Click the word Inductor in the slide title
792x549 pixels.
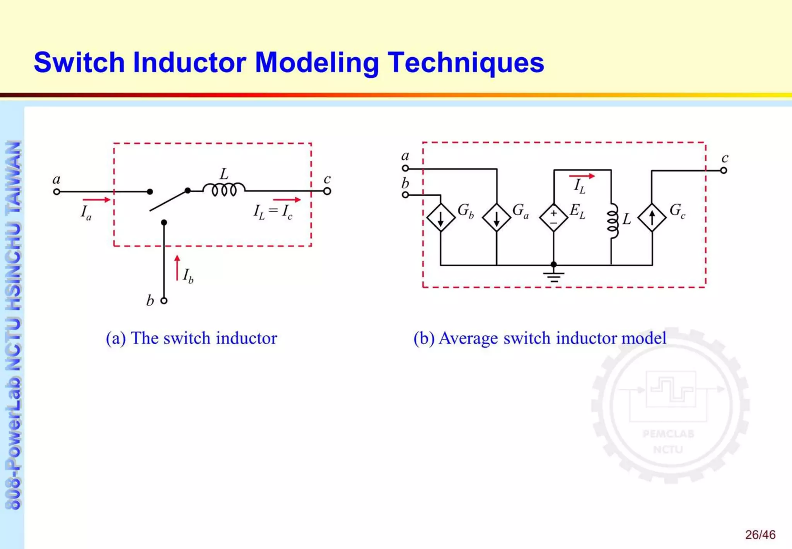pos(189,63)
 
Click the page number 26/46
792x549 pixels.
pos(760,535)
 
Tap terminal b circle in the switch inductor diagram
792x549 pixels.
pos(164,300)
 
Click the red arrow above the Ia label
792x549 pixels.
pos(96,200)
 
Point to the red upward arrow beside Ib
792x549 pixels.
pos(177,268)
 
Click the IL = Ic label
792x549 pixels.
pos(273,212)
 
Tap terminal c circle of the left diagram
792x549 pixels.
pos(327,191)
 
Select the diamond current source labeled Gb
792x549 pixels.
pos(440,218)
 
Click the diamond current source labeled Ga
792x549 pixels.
pos(497,218)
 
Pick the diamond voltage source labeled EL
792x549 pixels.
pos(553,218)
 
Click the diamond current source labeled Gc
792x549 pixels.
pos(652,218)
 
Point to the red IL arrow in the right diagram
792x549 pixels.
pos(582,176)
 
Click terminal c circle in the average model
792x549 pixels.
pos(724,170)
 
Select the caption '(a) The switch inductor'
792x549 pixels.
pos(191,338)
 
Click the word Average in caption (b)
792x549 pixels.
pos(468,338)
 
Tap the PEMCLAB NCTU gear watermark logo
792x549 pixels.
pos(670,405)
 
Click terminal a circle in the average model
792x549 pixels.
pos(405,168)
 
